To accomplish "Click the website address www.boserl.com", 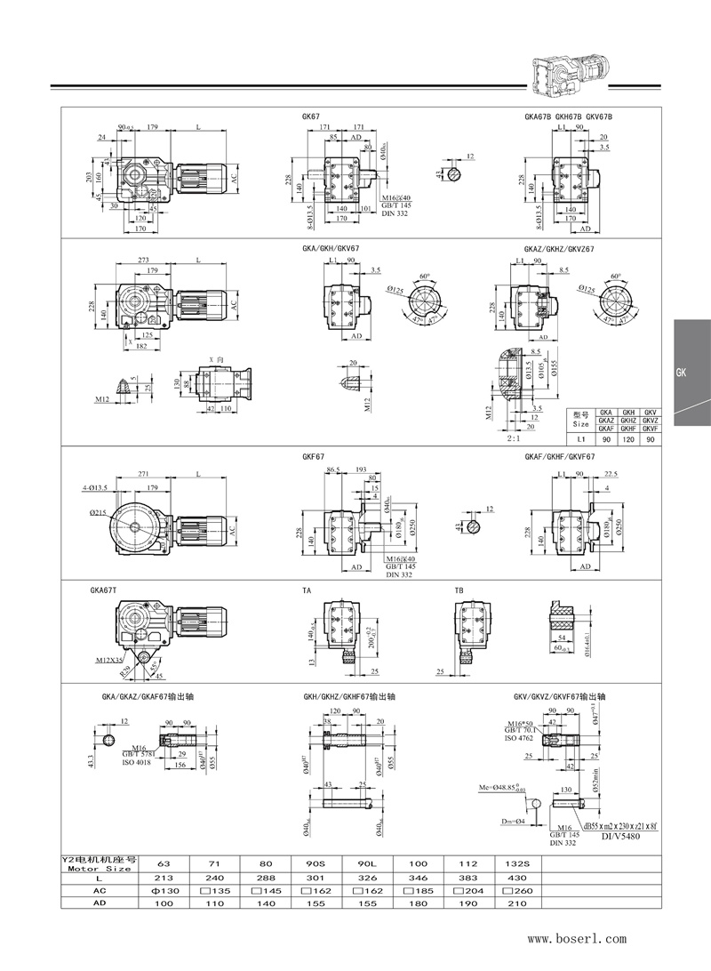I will (x=578, y=938).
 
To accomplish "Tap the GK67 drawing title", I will (x=311, y=116).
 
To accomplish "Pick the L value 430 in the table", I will (x=515, y=876).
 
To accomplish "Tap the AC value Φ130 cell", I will (x=164, y=889).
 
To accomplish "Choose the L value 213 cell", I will (x=164, y=876).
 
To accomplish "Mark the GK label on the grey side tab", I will (x=683, y=373).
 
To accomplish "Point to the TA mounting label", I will (x=307, y=590).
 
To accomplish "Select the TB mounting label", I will (x=459, y=590).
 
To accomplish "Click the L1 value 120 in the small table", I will (x=628, y=439).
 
